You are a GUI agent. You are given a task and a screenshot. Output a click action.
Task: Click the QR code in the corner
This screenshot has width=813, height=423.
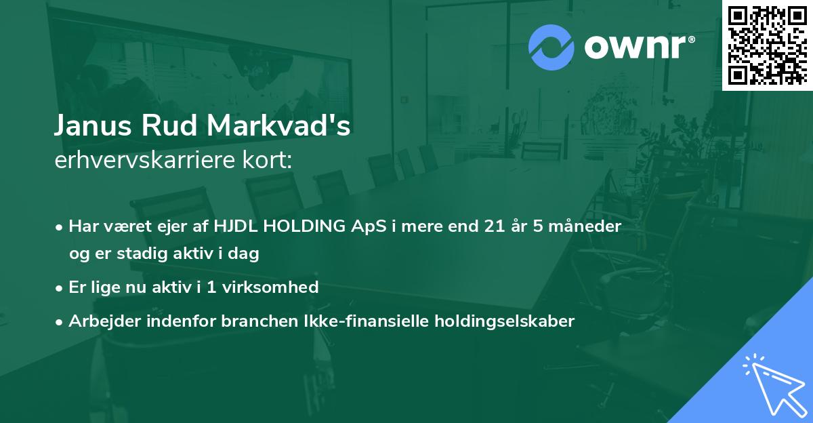point(767,45)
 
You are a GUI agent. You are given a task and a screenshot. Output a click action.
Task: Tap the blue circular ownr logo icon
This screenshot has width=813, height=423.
point(551,47)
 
